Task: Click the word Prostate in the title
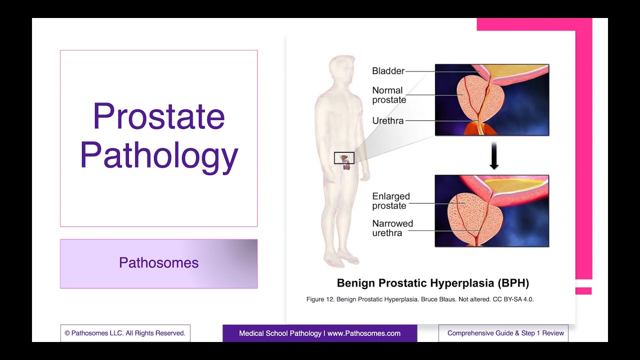click(x=158, y=116)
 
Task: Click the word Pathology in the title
click(x=158, y=155)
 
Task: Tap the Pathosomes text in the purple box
click(x=158, y=263)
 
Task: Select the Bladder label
click(x=388, y=71)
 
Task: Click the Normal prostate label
click(x=388, y=95)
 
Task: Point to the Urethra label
click(x=387, y=120)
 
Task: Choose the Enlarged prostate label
click(x=390, y=201)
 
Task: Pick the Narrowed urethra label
click(x=392, y=228)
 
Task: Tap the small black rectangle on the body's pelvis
click(x=344, y=158)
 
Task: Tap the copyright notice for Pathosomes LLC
click(x=125, y=333)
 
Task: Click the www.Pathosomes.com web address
click(x=364, y=333)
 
